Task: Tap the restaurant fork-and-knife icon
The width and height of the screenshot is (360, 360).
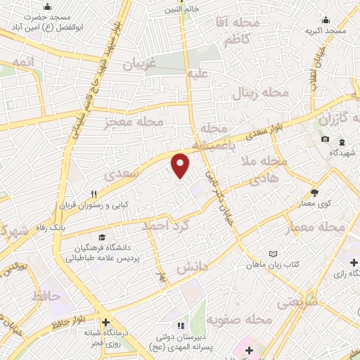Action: point(94,195)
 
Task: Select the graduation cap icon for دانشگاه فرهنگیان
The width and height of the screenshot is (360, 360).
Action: point(103,238)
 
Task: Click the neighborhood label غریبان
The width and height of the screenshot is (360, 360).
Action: point(139,64)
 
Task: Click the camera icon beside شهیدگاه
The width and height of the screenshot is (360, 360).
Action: point(325,139)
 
